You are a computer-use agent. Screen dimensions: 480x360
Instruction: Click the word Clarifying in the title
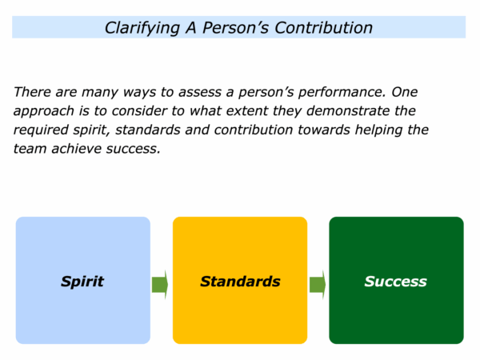click(142, 28)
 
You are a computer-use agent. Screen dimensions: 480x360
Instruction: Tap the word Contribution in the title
click(323, 27)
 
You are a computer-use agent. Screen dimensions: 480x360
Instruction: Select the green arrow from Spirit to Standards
click(160, 284)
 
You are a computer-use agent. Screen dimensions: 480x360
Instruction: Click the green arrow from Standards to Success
click(318, 284)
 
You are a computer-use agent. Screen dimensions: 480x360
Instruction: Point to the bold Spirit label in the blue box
click(82, 282)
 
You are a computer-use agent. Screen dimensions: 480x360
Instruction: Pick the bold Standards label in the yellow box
click(240, 282)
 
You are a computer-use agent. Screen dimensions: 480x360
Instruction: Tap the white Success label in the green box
click(395, 282)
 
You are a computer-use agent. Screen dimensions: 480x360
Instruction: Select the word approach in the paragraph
click(44, 111)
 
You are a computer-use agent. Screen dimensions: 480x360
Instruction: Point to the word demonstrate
click(348, 111)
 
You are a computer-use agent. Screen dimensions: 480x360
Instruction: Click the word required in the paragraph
click(41, 130)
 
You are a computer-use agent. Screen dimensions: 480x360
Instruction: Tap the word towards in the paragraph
click(324, 130)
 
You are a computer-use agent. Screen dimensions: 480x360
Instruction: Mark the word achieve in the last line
click(77, 149)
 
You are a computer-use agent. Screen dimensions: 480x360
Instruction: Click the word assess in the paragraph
click(199, 93)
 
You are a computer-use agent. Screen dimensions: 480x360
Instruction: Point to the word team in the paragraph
click(30, 149)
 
